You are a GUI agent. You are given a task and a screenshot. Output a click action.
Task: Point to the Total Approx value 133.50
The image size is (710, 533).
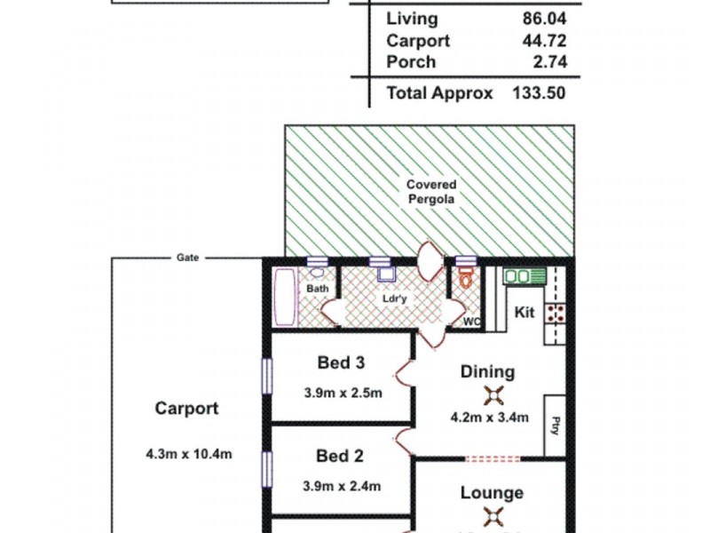coord(540,92)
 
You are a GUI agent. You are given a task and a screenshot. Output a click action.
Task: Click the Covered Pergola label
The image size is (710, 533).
coord(430,192)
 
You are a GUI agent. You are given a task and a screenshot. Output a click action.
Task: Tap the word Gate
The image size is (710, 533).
coord(188,258)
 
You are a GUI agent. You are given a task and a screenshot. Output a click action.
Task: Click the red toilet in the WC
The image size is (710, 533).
coord(466,277)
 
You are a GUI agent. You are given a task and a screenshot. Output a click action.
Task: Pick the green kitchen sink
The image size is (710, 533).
coord(518,276)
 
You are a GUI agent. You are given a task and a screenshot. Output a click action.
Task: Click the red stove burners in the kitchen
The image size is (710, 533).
coord(557,312)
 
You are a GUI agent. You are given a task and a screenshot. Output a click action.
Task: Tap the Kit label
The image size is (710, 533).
coord(524,313)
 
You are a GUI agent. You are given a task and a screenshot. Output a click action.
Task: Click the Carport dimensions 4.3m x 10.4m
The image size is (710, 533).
coord(188,454)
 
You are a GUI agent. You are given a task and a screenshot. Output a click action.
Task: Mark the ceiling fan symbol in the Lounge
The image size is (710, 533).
coord(491,516)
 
